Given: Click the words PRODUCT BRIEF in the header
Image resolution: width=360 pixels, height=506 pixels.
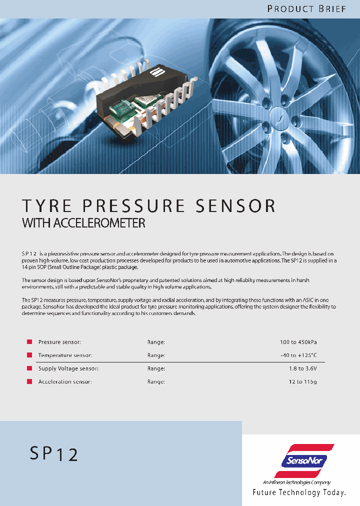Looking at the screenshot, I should click(x=306, y=9).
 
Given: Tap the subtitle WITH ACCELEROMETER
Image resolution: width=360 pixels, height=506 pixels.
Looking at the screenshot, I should click(x=83, y=223).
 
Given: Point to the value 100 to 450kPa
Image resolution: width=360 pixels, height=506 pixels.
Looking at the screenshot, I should click(x=298, y=342).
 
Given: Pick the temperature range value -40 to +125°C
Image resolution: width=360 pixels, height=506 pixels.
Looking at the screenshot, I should click(x=298, y=355).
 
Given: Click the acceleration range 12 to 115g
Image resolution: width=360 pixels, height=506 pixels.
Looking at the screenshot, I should click(x=303, y=381).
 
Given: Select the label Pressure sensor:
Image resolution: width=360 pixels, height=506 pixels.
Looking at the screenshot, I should click(x=59, y=342).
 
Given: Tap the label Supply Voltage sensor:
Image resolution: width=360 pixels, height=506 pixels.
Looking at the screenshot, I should click(x=68, y=368).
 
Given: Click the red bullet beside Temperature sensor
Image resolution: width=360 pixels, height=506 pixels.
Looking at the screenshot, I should click(x=29, y=355).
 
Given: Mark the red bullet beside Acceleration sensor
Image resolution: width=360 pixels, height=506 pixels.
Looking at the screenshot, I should click(x=29, y=382).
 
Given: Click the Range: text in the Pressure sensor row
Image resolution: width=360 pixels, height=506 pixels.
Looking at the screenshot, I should click(x=156, y=342).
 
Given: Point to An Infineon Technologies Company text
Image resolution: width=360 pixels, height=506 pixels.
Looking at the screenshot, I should click(x=296, y=482).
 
